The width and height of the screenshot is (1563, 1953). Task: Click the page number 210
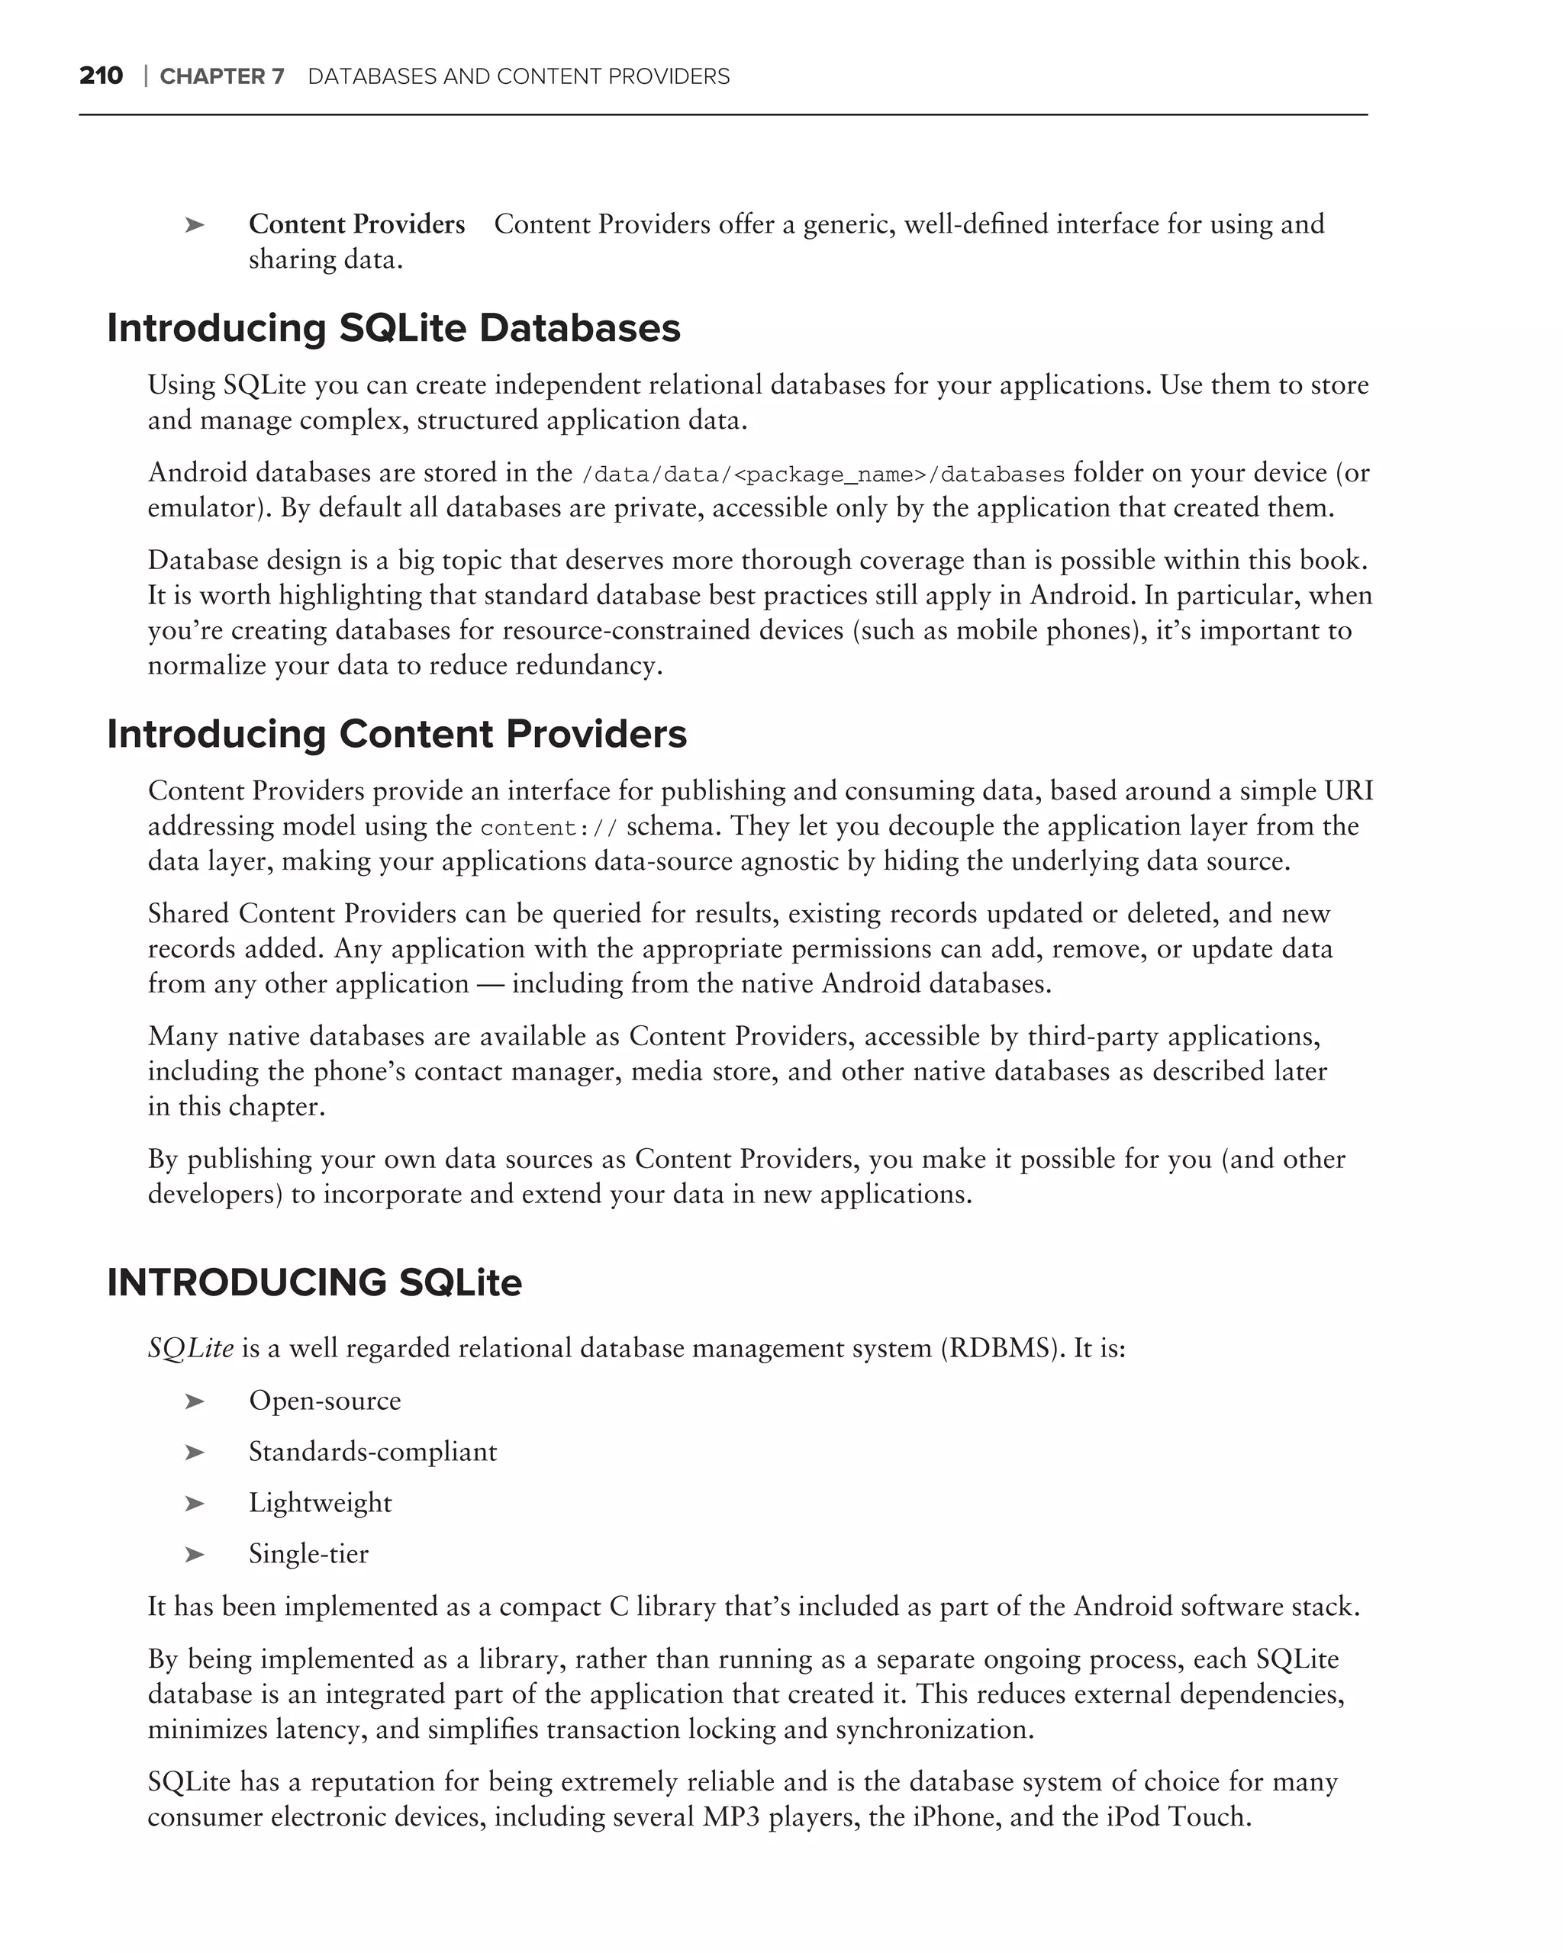(101, 76)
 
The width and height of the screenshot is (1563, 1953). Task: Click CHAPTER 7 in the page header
(222, 77)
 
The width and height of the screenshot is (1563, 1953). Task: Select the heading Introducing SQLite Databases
(393, 328)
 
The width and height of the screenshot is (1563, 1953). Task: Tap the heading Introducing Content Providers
(397, 734)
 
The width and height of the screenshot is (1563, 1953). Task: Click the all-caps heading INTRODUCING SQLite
(314, 1282)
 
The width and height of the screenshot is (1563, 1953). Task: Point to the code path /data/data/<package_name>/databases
(823, 475)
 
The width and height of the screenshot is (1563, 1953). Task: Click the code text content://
(549, 828)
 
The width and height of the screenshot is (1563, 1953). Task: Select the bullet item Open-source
(324, 1401)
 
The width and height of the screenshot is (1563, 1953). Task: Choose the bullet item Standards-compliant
(372, 1452)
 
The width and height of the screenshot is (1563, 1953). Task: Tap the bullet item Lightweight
(320, 1503)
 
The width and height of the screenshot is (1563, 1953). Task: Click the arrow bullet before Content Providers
(194, 224)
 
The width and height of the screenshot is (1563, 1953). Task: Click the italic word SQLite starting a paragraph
(190, 1349)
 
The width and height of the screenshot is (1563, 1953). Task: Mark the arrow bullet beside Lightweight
(194, 1504)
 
